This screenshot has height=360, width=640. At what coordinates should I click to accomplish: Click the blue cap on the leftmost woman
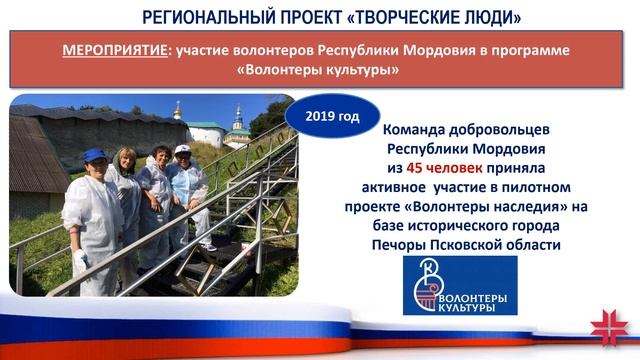pyautogui.click(x=96, y=156)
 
